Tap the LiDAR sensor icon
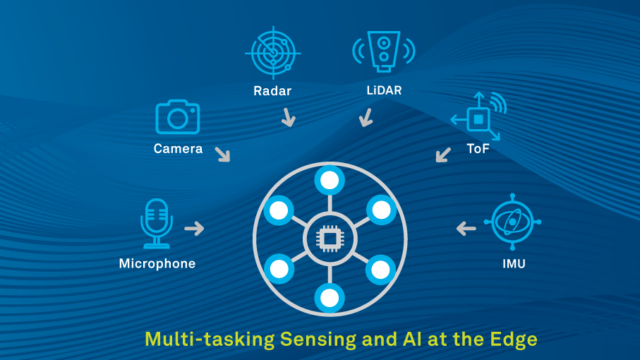[383, 51]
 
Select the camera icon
[177, 117]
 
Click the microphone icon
[156, 223]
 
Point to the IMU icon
[512, 223]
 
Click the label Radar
[272, 90]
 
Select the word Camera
[178, 149]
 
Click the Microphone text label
[157, 263]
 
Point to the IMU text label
[512, 264]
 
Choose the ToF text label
[478, 149]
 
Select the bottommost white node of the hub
[330, 298]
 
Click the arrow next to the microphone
[194, 228]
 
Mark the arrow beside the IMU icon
[466, 228]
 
